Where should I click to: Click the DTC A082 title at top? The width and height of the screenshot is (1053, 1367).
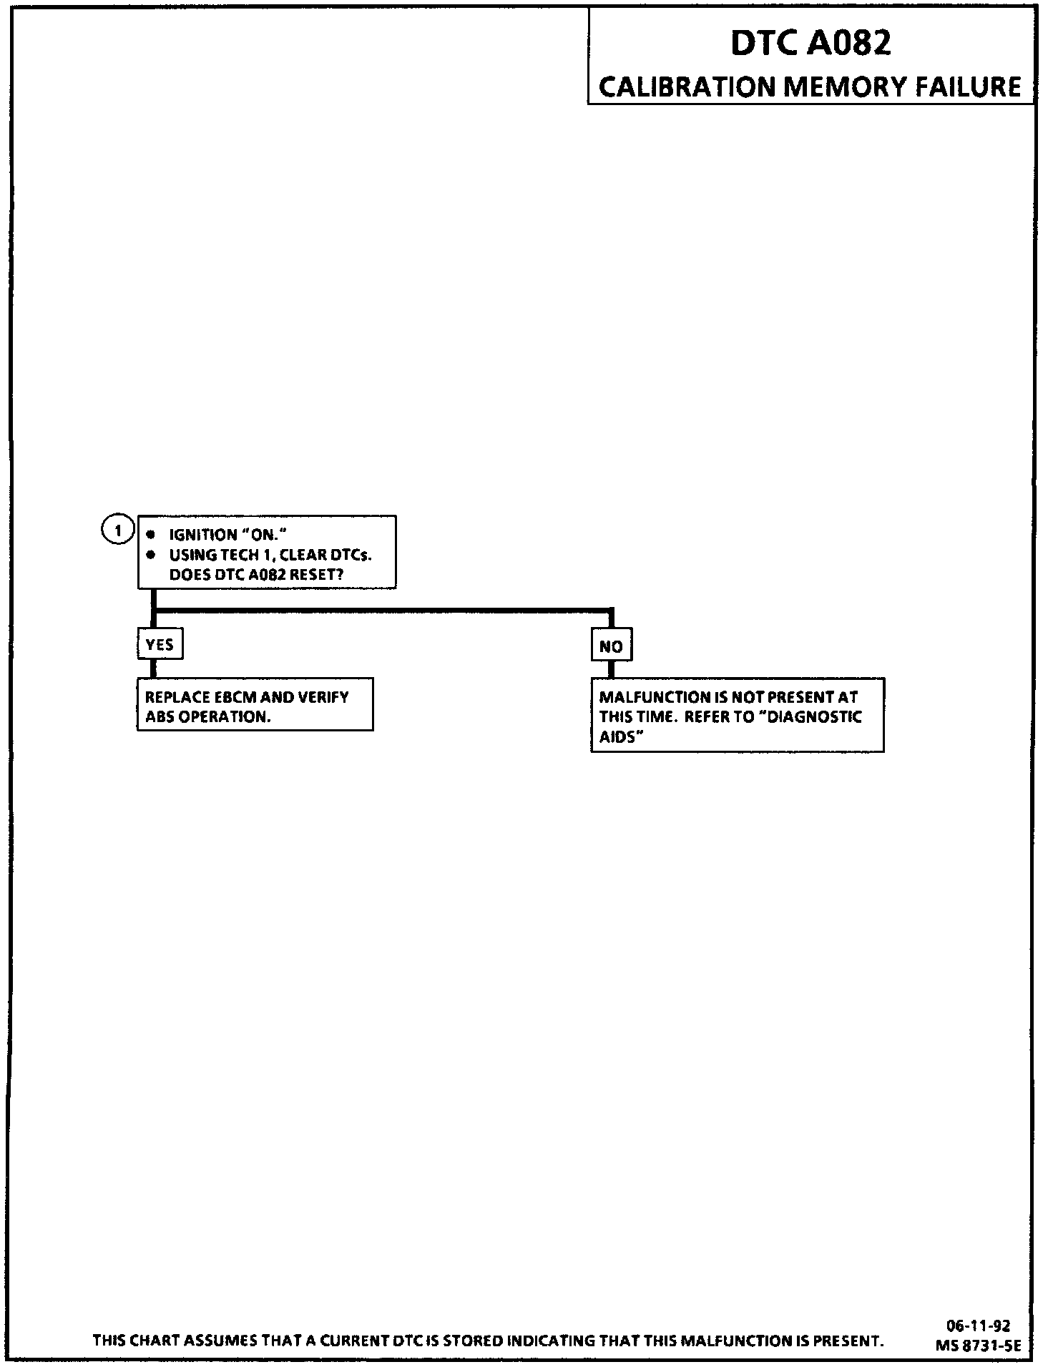point(810,44)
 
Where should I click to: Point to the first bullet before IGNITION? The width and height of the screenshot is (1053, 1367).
point(151,534)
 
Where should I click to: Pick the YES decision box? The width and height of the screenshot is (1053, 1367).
point(160,645)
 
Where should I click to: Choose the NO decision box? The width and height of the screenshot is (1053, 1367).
point(611,646)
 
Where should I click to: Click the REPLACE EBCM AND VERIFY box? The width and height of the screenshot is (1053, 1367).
point(255,705)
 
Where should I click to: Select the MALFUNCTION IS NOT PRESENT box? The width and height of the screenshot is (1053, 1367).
point(737,716)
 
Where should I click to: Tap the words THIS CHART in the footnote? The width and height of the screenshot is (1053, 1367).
point(135,1341)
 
